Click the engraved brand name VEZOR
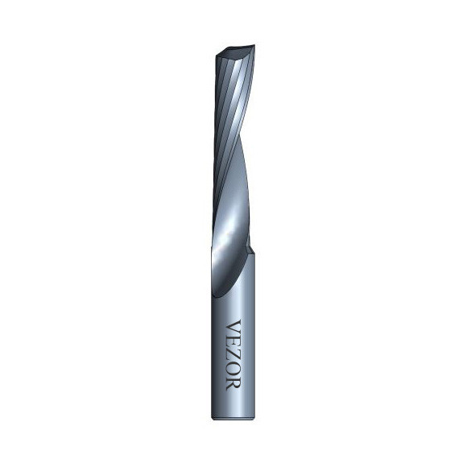(233, 355)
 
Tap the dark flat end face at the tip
(235, 52)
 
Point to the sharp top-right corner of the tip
(254, 45)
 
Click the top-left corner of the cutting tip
(217, 56)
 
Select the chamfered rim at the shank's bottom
(233, 418)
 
